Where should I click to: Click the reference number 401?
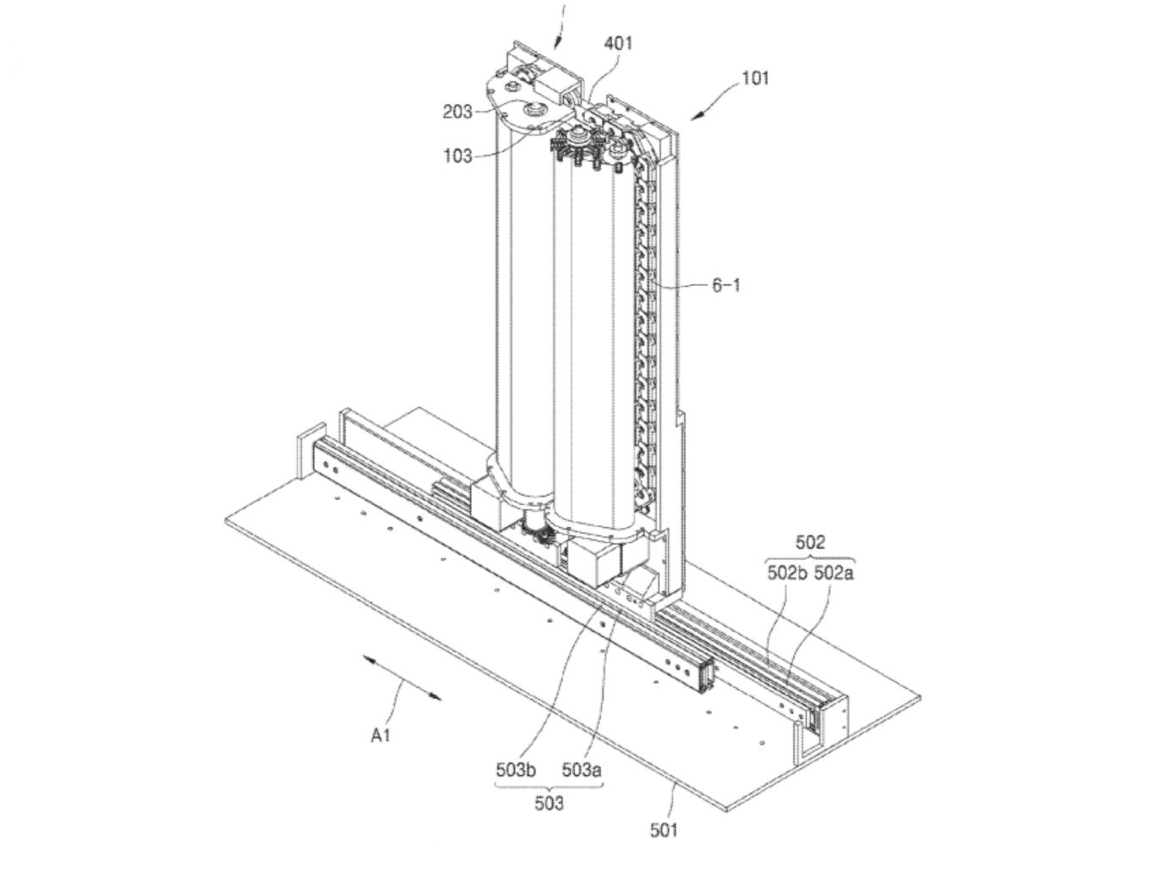tap(618, 42)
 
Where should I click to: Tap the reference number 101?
tap(755, 78)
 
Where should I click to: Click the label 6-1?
tap(726, 285)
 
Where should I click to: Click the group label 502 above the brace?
tap(810, 542)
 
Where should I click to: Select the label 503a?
tap(582, 771)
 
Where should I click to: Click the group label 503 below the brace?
tap(548, 803)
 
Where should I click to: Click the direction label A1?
tap(380, 736)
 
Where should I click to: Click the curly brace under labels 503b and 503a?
tap(548, 787)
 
